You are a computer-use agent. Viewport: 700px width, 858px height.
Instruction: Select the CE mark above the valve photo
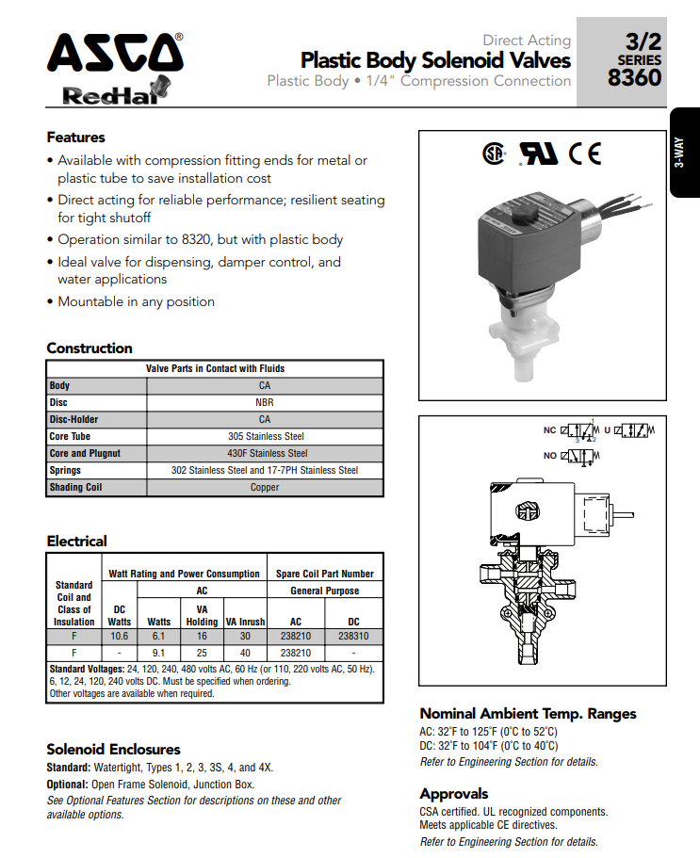click(x=584, y=154)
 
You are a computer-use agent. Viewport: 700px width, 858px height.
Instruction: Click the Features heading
click(x=75, y=138)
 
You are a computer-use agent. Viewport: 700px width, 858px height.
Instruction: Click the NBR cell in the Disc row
click(x=265, y=402)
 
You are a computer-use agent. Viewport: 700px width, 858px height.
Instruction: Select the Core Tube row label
click(x=71, y=436)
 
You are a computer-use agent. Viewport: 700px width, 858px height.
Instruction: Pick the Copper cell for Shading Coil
click(x=265, y=487)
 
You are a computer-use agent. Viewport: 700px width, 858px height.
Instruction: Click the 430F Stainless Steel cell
click(x=265, y=453)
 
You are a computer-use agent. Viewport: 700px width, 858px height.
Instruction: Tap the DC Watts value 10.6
click(x=119, y=636)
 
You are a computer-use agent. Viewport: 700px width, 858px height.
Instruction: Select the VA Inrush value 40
click(x=245, y=652)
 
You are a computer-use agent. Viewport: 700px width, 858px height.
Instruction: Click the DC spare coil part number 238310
click(x=353, y=636)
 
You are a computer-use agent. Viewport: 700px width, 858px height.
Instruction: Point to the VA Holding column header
click(x=202, y=615)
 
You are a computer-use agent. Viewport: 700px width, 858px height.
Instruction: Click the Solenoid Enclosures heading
click(x=113, y=750)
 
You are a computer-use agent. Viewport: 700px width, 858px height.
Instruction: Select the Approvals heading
click(x=453, y=793)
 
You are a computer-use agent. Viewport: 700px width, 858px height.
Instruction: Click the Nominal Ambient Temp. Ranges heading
click(x=528, y=713)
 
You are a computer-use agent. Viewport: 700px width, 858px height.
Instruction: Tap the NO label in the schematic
click(x=549, y=456)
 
